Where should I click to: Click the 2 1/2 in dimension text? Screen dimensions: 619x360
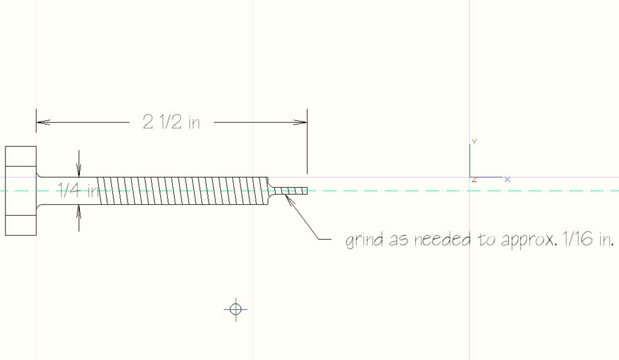[171, 122]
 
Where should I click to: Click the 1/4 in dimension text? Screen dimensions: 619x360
[78, 190]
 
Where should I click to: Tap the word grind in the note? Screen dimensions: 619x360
[365, 240]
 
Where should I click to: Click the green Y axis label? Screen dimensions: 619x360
[474, 141]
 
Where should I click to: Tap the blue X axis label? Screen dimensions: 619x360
[507, 179]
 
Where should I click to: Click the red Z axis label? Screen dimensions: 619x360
[474, 180]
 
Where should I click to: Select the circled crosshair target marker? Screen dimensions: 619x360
[236, 309]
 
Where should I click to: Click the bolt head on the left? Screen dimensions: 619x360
[21, 191]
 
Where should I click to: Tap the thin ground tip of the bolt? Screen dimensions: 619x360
[291, 191]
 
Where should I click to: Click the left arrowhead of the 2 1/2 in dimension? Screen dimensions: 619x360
[43, 122]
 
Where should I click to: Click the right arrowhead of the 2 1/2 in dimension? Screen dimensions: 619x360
[300, 122]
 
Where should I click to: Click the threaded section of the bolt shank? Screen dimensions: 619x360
[183, 191]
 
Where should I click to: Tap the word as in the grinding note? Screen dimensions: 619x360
[399, 240]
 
